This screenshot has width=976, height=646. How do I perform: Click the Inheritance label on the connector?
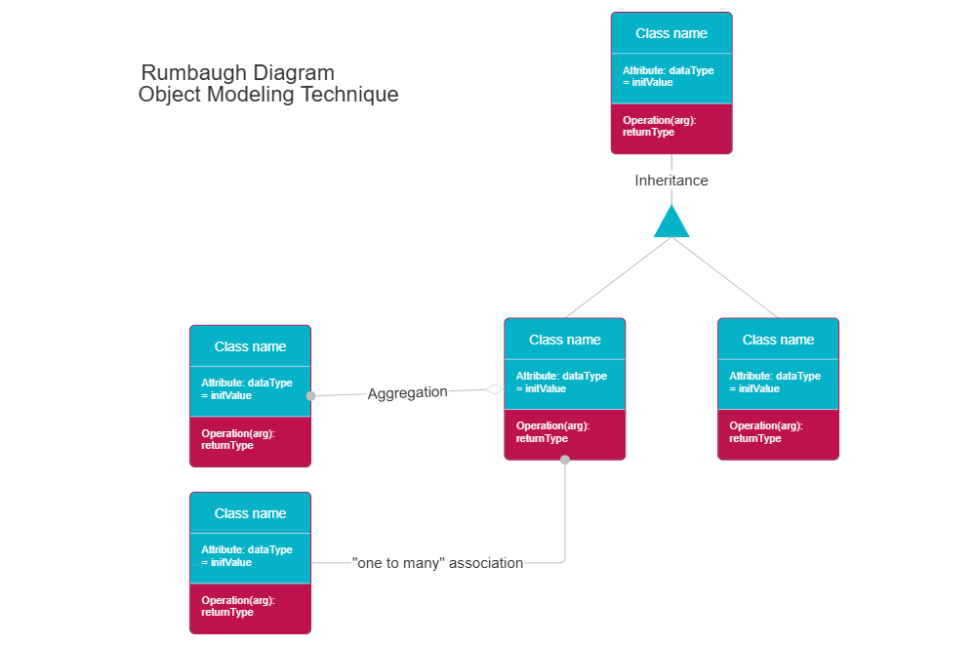(x=671, y=181)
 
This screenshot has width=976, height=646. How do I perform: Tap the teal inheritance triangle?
(x=671, y=224)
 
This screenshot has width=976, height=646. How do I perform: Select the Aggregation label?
(x=407, y=393)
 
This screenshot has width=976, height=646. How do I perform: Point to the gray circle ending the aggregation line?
(x=311, y=396)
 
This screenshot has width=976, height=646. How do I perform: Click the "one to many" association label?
(x=437, y=563)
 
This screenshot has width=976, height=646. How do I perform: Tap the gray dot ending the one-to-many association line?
(x=564, y=459)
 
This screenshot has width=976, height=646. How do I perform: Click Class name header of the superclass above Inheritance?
(x=671, y=33)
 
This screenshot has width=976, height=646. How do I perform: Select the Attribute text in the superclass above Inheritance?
(x=668, y=76)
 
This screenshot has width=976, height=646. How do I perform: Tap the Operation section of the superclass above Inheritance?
(x=659, y=126)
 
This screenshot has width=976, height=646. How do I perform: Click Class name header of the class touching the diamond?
(x=564, y=340)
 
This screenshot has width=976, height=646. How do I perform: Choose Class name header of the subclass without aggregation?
(x=778, y=340)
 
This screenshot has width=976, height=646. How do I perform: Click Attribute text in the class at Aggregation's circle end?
(x=246, y=389)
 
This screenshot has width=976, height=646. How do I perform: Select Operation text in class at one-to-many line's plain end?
(x=237, y=606)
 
